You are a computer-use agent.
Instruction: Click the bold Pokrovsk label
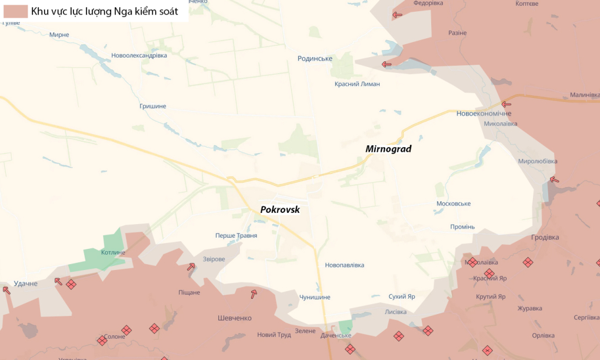(280, 209)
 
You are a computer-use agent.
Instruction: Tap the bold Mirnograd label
(388, 149)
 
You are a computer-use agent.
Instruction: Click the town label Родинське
(315, 58)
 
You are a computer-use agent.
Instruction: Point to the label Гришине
(152, 106)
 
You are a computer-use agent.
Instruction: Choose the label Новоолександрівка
(139, 55)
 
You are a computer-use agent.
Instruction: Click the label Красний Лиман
(357, 84)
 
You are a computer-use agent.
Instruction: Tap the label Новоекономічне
(484, 114)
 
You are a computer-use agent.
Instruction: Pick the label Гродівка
(545, 238)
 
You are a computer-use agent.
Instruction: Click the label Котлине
(113, 253)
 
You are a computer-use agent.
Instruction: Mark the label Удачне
(25, 284)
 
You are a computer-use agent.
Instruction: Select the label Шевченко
(235, 318)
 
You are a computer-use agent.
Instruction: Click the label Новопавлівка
(344, 266)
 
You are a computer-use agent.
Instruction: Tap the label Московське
(454, 204)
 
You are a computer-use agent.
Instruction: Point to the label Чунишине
(315, 298)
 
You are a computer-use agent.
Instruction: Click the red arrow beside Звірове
(191, 266)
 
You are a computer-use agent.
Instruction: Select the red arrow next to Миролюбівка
(554, 179)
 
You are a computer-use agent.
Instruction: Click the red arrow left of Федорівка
(397, 15)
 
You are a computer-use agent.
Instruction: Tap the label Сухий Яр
(402, 296)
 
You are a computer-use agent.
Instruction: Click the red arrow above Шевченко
(254, 294)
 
